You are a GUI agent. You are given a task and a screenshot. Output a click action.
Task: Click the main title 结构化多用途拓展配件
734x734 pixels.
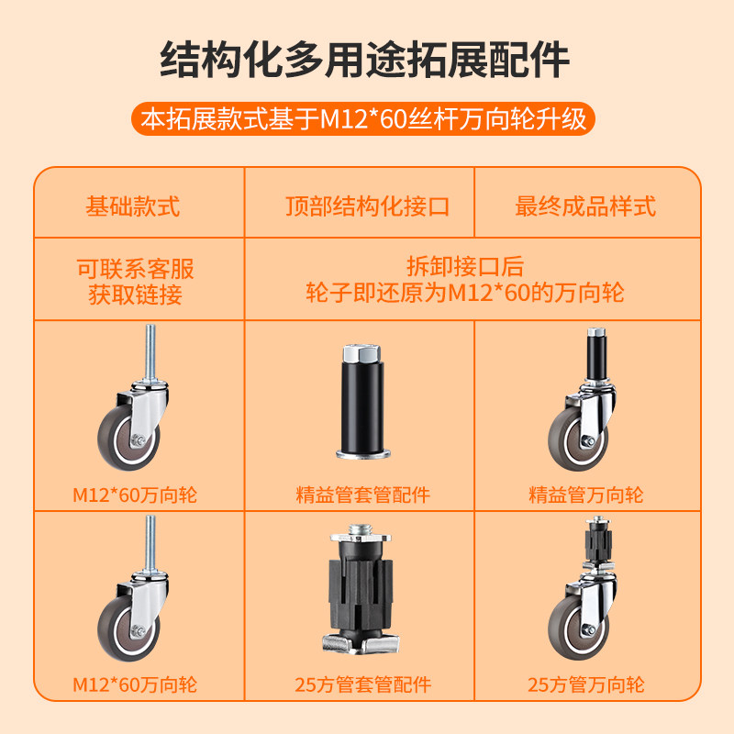click(x=365, y=61)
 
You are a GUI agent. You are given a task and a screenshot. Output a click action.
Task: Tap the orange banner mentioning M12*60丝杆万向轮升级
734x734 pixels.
click(x=364, y=120)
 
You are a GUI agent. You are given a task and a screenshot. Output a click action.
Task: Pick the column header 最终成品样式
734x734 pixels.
click(x=585, y=206)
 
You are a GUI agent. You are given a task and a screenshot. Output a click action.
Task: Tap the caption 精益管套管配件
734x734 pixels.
click(x=363, y=495)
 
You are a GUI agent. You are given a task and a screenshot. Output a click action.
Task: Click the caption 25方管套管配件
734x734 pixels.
click(x=363, y=684)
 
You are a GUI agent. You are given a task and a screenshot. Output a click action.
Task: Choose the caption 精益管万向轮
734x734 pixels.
click(x=585, y=495)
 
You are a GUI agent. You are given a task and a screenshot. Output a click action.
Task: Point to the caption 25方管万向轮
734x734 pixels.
click(x=585, y=684)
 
